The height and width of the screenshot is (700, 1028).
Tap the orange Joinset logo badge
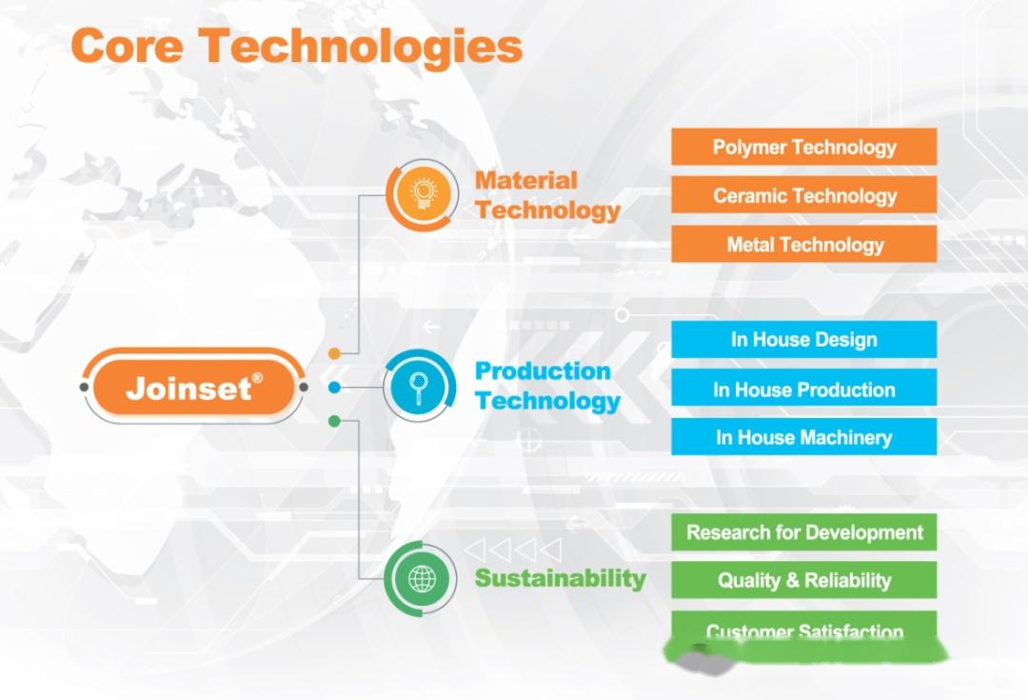tap(194, 387)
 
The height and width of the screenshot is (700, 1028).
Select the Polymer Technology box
tap(803, 147)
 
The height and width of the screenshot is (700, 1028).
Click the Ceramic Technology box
tap(803, 195)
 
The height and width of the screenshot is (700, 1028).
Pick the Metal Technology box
tap(803, 244)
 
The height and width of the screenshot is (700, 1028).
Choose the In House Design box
tap(803, 339)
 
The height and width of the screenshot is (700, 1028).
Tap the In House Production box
tap(803, 389)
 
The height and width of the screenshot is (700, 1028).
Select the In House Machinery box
tap(803, 437)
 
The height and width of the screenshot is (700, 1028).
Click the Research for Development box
tap(803, 532)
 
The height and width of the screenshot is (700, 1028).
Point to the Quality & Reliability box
tap(803, 580)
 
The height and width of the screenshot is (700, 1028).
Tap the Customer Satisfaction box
tap(803, 631)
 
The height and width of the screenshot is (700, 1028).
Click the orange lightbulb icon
tap(423, 194)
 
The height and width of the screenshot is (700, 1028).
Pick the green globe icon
tap(422, 579)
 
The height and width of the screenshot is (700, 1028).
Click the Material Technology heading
tap(547, 195)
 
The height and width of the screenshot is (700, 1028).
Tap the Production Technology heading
tap(547, 386)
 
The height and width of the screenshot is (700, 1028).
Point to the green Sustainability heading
tap(560, 578)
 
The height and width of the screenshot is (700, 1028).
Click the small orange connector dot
tap(334, 353)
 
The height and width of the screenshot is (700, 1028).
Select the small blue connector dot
tap(334, 387)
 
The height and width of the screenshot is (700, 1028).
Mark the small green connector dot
tap(334, 421)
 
